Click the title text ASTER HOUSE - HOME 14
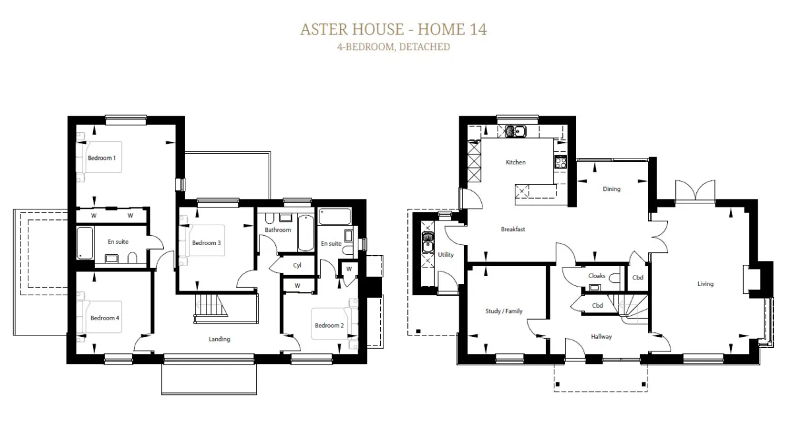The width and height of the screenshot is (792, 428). (x=393, y=29)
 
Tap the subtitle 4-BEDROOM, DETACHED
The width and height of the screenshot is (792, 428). (x=393, y=47)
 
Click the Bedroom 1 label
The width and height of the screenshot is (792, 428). (x=102, y=158)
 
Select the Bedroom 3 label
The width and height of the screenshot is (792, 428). (x=207, y=242)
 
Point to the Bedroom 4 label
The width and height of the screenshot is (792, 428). (x=105, y=318)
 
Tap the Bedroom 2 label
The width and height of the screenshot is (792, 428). (x=329, y=325)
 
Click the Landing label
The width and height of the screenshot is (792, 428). (x=219, y=339)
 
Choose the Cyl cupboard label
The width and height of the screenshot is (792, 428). (x=297, y=265)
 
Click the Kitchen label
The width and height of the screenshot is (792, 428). (x=515, y=162)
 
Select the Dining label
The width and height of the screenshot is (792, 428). (x=611, y=189)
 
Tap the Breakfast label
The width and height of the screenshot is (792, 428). (x=513, y=229)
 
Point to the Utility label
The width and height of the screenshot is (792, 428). (x=445, y=255)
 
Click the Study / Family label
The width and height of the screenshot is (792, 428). (x=504, y=311)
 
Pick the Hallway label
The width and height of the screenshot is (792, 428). (x=601, y=336)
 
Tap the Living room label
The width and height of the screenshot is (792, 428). (x=706, y=284)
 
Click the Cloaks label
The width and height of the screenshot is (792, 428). (x=597, y=275)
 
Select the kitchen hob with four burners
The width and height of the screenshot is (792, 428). (x=560, y=162)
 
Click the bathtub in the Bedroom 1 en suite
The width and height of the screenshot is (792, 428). (x=85, y=243)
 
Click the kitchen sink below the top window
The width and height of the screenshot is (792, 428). (x=515, y=131)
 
